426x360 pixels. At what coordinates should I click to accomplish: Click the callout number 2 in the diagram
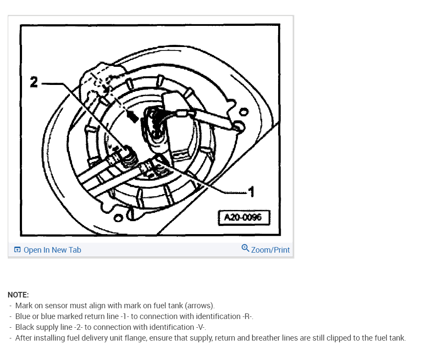coord(34,82)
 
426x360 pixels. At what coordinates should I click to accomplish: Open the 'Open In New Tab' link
coord(52,250)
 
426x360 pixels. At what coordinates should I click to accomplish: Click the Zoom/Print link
coord(270,250)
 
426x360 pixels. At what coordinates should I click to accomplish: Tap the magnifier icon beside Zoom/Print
coord(245,248)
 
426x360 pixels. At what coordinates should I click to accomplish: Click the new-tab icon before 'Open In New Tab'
coord(17,250)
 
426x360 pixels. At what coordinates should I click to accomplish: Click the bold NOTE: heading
coord(18,295)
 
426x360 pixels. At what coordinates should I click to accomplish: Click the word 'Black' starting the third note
coord(25,327)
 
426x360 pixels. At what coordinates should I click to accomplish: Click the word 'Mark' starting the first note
coord(24,306)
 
